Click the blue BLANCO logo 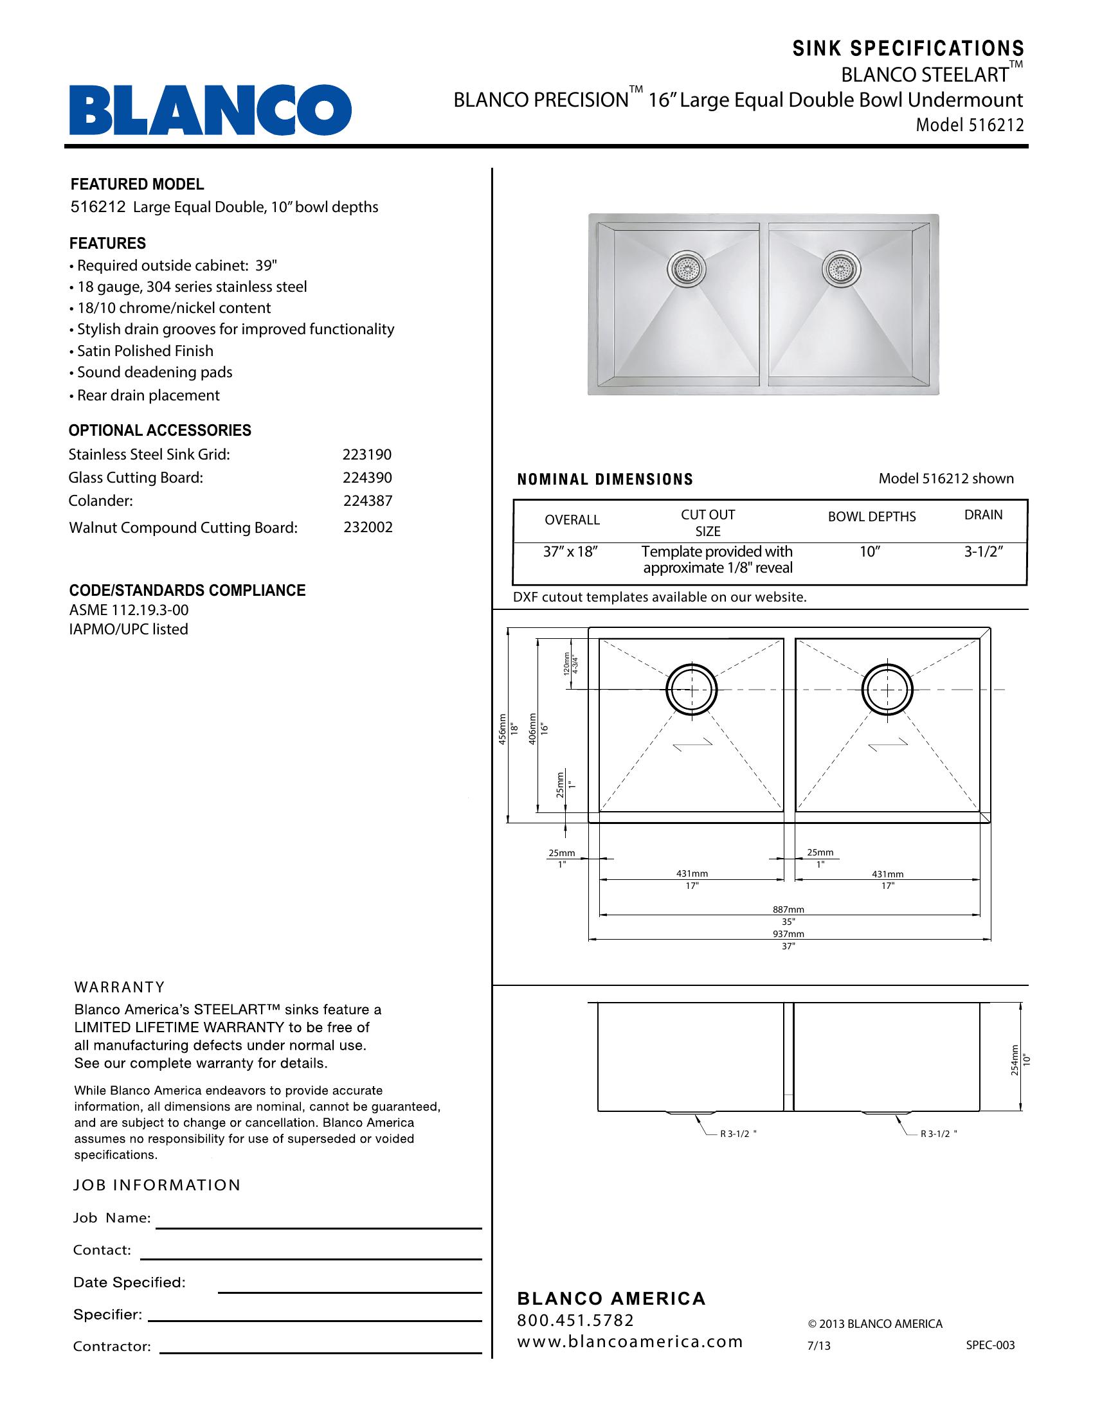point(210,110)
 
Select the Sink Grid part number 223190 point(366,454)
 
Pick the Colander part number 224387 point(367,501)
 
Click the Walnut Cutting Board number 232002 point(368,527)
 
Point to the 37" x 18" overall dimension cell point(570,552)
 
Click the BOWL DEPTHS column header point(872,517)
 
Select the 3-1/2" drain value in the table point(983,552)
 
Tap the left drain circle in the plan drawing point(692,690)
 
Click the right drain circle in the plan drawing point(888,690)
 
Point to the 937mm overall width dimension point(788,934)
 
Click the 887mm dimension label point(788,909)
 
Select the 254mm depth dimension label point(1015,1060)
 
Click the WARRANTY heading point(119,987)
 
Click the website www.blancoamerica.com point(629,1341)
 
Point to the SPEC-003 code point(990,1345)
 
